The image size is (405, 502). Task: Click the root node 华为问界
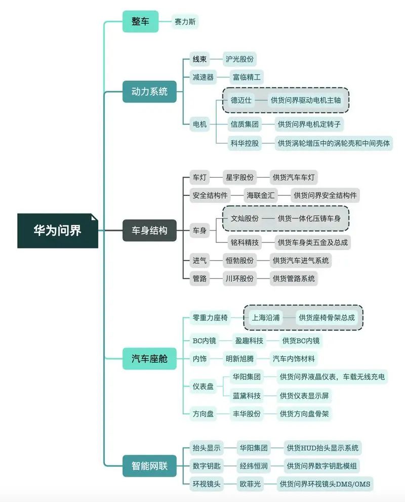58,231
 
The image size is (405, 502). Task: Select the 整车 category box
140,21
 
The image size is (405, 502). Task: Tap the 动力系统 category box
149,92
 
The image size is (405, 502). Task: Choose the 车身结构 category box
149,231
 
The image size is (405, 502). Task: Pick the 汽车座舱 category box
149,359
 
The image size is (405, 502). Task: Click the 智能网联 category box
149,466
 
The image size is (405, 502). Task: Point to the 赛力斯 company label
185,22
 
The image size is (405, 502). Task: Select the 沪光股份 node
239,59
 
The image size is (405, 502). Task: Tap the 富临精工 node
247,77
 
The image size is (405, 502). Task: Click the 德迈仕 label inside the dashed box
241,100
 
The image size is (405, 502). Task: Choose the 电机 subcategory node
199,124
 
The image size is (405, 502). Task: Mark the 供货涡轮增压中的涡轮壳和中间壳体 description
334,143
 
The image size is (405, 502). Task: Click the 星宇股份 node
239,177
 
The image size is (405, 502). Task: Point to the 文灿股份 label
245,219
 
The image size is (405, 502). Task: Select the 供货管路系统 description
294,278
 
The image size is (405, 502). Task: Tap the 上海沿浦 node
266,318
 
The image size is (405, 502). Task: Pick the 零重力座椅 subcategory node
210,318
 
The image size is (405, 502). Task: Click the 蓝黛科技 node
247,396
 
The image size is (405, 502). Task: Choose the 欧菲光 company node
250,484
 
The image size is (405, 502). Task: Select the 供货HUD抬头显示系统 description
322,448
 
